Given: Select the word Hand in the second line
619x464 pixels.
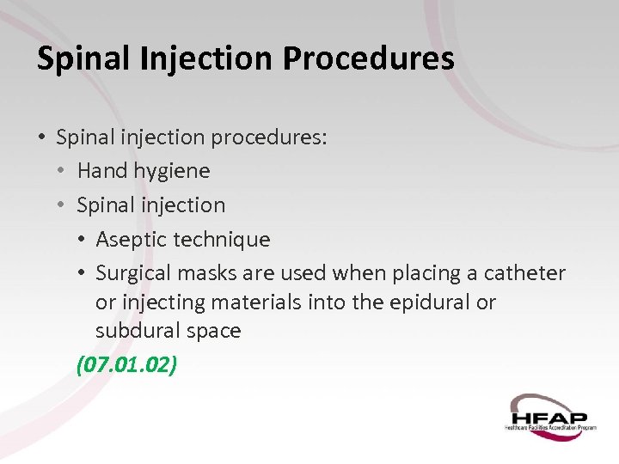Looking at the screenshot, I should coord(102,171).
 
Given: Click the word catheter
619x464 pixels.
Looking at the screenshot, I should coord(525,273).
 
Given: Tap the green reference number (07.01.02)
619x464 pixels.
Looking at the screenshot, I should coord(127,364).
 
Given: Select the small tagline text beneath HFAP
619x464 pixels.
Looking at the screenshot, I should coord(550,427).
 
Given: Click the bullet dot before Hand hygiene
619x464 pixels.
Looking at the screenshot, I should coord(62,171).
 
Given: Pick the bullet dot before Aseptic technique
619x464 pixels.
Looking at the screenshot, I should coord(83,240).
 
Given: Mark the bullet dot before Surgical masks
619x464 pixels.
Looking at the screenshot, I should coord(83,273).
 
